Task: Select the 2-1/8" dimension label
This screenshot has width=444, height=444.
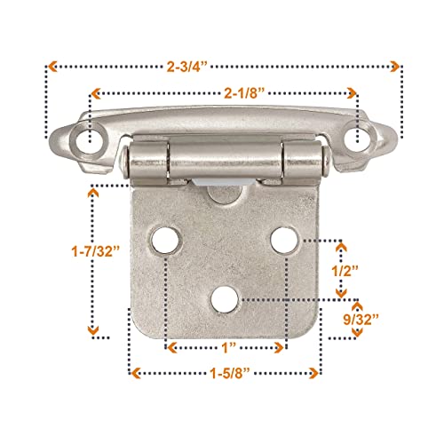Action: click(x=244, y=93)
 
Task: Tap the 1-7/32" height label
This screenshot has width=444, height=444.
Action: click(x=96, y=252)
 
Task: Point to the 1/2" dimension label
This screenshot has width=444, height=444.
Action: click(x=345, y=271)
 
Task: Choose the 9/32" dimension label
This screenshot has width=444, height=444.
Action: click(x=361, y=320)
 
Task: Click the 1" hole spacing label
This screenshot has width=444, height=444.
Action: click(x=228, y=348)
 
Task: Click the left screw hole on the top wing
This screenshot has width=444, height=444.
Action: click(x=88, y=139)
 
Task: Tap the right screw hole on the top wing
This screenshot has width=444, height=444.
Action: click(x=359, y=139)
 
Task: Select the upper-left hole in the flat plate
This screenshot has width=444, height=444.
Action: click(x=164, y=240)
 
